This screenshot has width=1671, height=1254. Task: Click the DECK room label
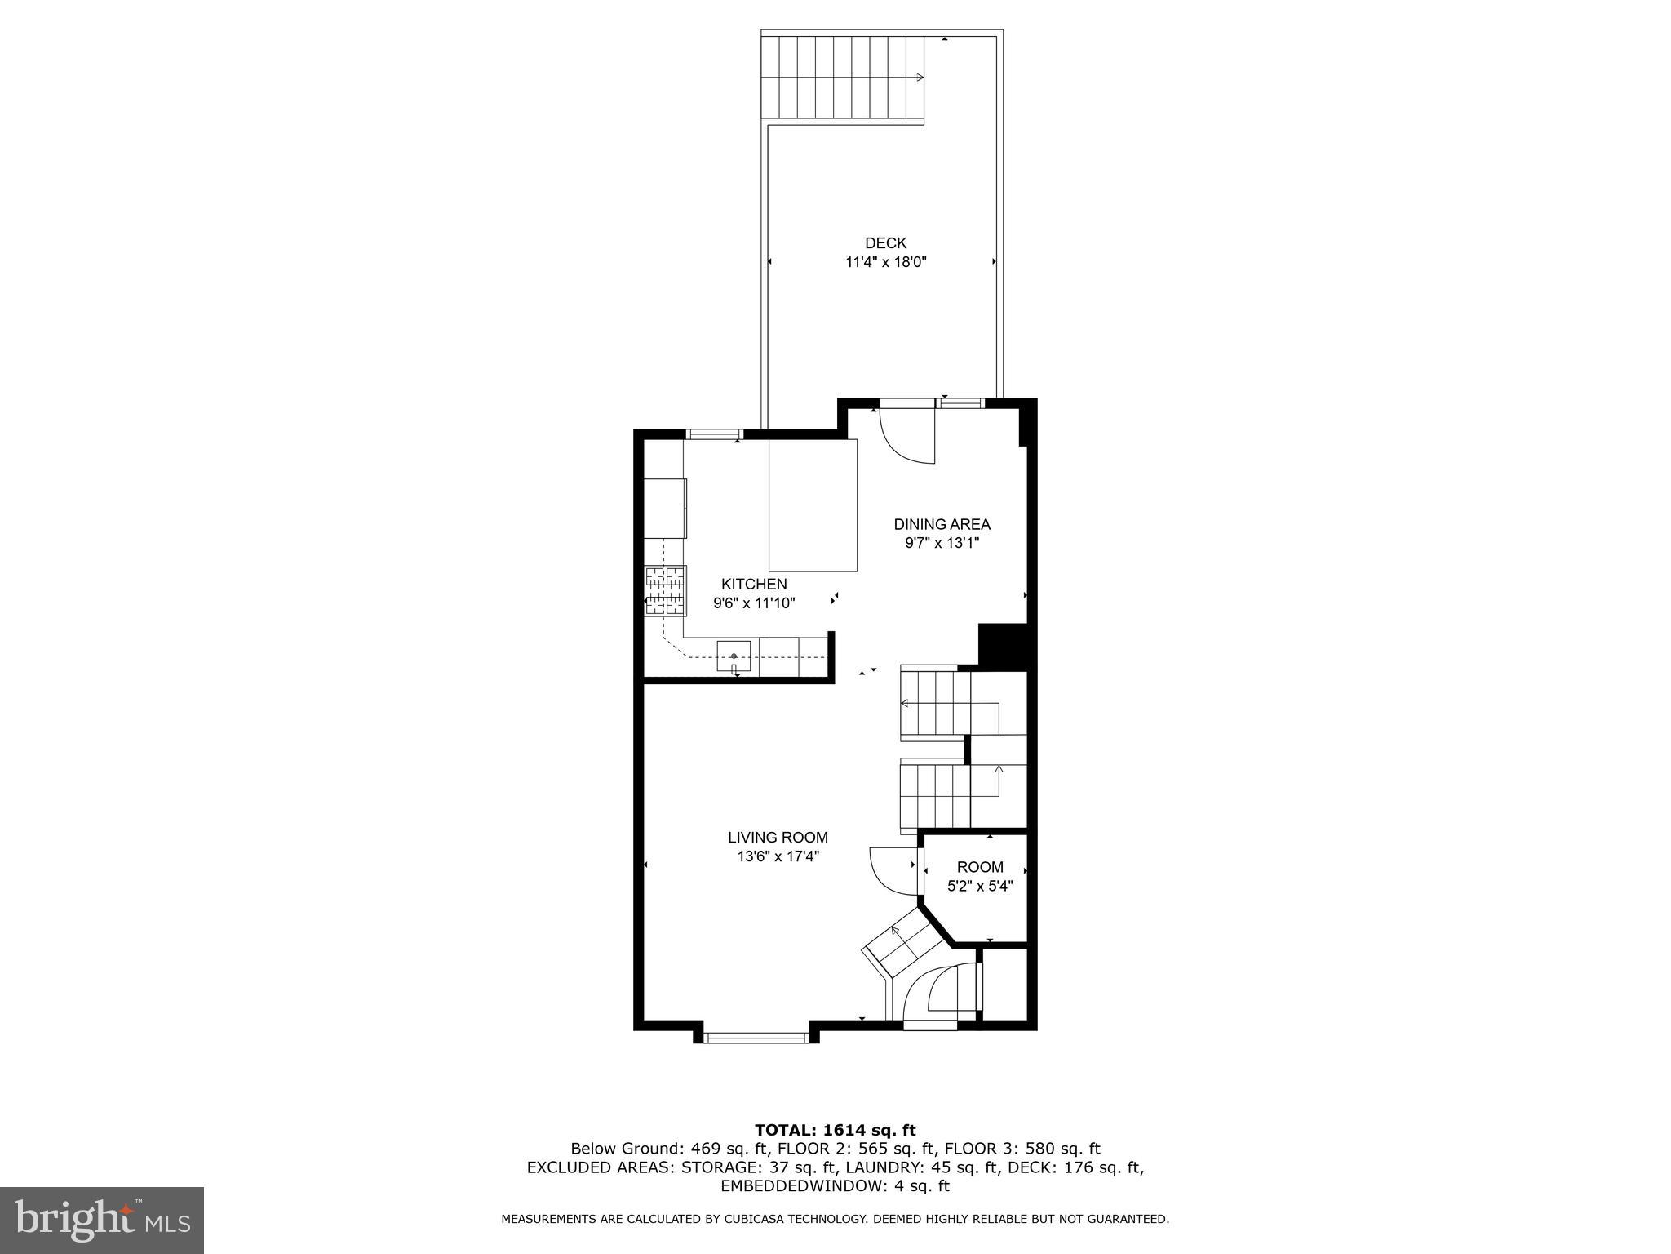(x=885, y=242)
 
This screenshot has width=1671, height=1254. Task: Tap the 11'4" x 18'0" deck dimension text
(x=886, y=262)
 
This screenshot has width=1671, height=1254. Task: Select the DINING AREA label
(x=942, y=524)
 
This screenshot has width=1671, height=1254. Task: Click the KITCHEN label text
(x=754, y=584)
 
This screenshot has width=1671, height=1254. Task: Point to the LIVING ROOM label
(x=778, y=837)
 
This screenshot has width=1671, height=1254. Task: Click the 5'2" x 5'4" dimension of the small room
(x=980, y=886)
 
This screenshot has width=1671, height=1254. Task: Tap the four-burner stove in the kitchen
(x=666, y=590)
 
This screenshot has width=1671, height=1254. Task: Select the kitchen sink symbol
(x=734, y=656)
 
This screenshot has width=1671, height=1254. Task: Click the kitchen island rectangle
(x=813, y=505)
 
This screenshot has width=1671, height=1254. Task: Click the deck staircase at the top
(x=843, y=78)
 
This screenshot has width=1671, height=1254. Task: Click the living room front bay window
(x=755, y=1038)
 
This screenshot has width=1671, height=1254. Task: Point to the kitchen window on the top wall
(x=714, y=434)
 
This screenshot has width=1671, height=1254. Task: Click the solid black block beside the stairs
(x=1002, y=646)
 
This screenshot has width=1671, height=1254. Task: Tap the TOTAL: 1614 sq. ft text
(x=835, y=1130)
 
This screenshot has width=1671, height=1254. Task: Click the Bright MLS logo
(x=101, y=1220)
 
